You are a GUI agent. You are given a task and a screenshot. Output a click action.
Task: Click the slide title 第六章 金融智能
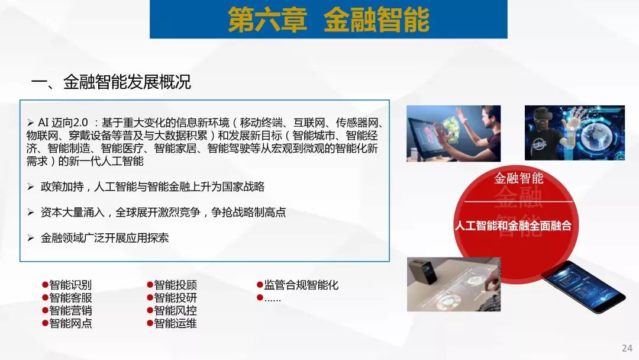[328, 20]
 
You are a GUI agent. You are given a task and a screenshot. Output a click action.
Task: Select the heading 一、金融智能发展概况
[111, 82]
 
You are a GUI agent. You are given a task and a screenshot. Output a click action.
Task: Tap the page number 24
[627, 348]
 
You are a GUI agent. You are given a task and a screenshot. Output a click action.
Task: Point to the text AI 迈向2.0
[63, 123]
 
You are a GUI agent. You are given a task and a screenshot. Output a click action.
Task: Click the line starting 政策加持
[153, 187]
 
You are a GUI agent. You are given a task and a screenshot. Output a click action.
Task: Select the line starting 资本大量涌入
[163, 213]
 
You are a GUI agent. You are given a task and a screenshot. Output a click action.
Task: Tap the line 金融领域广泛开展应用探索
[105, 238]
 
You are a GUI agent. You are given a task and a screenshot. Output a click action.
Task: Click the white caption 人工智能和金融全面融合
[513, 226]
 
